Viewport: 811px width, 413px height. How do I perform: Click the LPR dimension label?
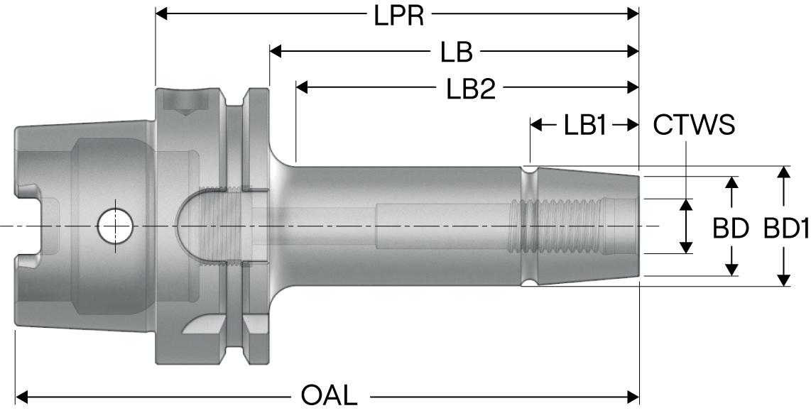click(x=399, y=15)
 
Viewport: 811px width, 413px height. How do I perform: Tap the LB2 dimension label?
click(x=470, y=89)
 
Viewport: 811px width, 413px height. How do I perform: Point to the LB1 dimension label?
click(x=585, y=126)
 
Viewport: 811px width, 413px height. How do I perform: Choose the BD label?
click(x=731, y=228)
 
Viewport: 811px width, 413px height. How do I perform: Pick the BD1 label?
click(x=786, y=228)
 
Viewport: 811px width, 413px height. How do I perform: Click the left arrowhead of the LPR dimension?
click(x=162, y=13)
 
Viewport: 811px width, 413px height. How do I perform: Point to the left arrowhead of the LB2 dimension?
click(x=302, y=87)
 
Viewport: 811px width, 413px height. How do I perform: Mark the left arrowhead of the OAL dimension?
click(x=22, y=395)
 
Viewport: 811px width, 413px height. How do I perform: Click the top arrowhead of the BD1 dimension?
click(x=783, y=173)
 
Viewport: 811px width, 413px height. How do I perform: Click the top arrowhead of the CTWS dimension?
click(x=686, y=205)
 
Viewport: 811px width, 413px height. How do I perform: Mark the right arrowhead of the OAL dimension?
click(x=633, y=395)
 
